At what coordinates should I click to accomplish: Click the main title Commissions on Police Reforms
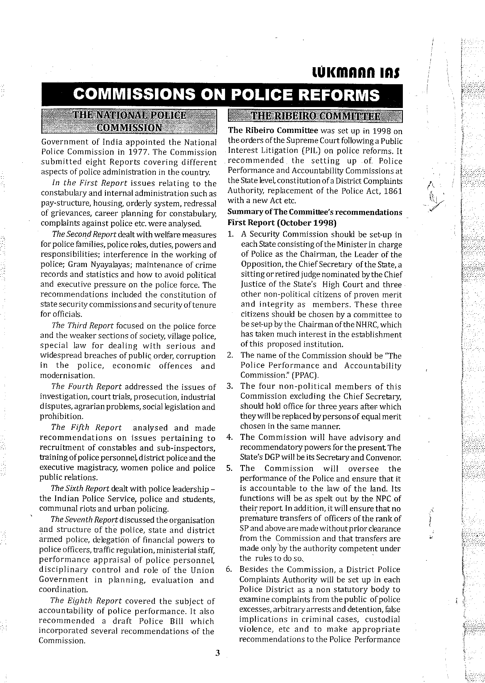click(x=226, y=95)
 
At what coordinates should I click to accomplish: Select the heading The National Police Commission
click(x=129, y=121)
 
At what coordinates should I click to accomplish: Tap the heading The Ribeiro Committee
click(x=315, y=116)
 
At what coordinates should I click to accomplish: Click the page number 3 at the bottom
click(x=217, y=653)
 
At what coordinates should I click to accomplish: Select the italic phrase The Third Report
click(x=82, y=326)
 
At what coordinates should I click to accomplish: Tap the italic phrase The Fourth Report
click(x=86, y=386)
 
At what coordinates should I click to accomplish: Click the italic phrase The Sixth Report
click(x=80, y=488)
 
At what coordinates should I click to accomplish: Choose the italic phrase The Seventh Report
click(x=84, y=520)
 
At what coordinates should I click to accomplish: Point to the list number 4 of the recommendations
click(x=229, y=437)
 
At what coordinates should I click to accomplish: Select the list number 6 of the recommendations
click(x=229, y=569)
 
